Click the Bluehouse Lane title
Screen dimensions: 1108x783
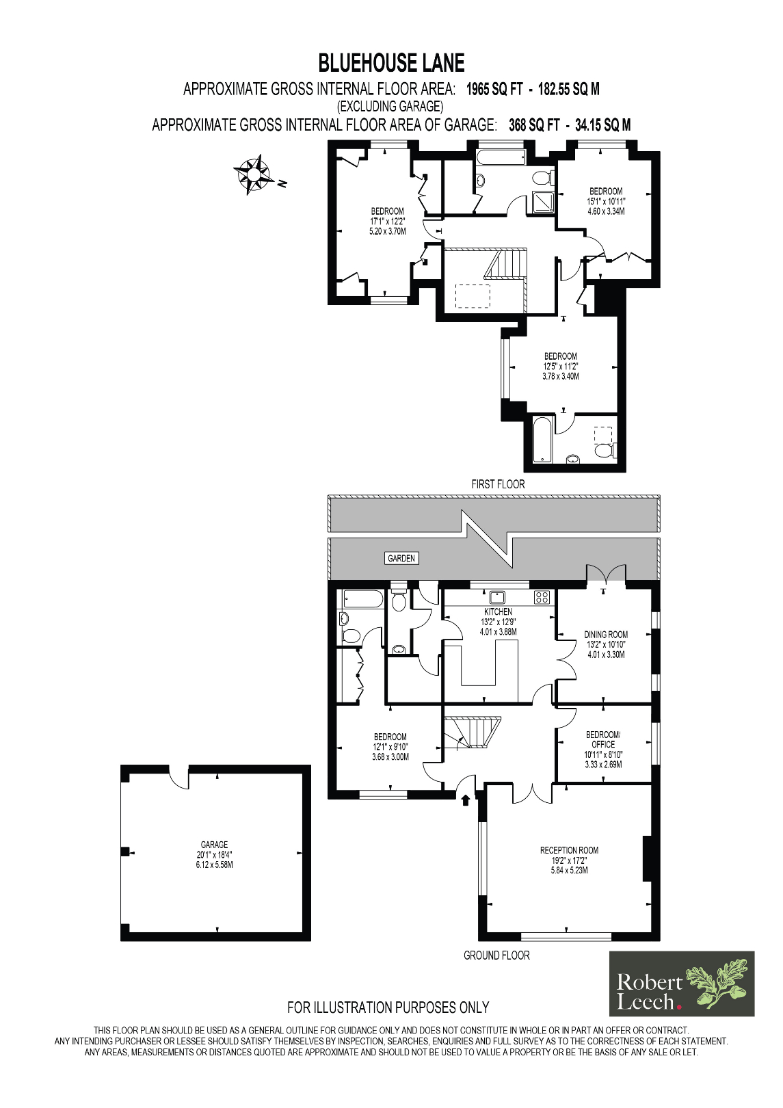point(391,64)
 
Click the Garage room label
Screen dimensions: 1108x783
point(214,845)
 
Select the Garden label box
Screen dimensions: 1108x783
point(401,558)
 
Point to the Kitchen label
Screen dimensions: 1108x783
point(498,611)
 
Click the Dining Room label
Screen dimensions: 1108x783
point(605,635)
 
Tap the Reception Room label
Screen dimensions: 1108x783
point(569,850)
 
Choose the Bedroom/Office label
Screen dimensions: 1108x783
point(603,739)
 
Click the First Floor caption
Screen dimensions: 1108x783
point(498,484)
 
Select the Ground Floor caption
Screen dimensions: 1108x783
point(496,955)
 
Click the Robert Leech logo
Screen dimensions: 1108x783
point(682,984)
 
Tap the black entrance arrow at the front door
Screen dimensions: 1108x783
point(466,799)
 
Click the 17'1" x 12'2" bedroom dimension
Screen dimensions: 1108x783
point(388,222)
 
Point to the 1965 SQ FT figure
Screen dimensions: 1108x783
point(494,89)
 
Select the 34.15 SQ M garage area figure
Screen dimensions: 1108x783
point(602,125)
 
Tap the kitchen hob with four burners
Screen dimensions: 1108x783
point(542,597)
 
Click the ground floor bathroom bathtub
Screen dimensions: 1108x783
point(362,599)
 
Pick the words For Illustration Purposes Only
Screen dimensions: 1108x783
point(388,1007)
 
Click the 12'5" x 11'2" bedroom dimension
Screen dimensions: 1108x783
point(561,367)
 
